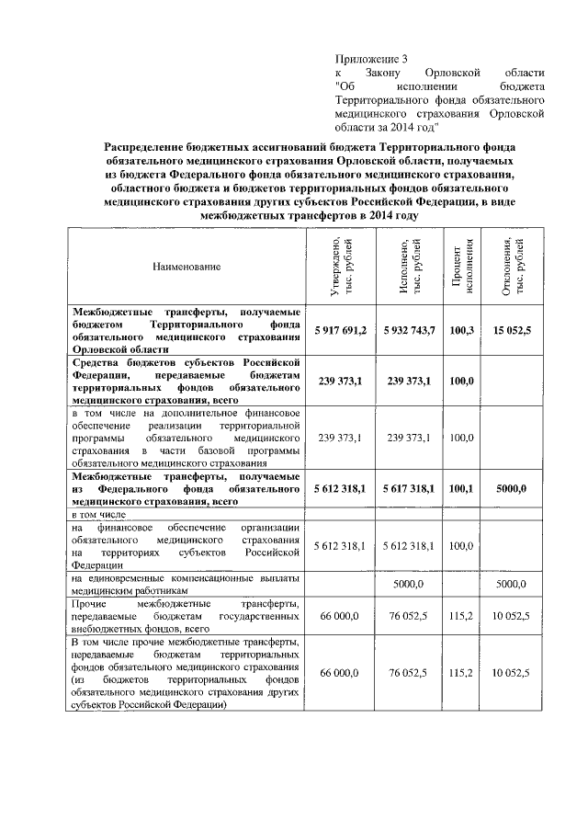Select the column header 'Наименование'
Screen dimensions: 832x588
tap(187, 267)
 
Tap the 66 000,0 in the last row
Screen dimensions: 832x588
tap(341, 673)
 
